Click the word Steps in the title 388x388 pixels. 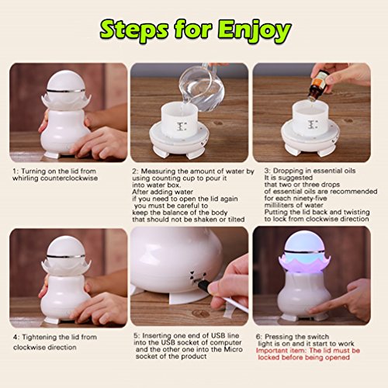(x=134, y=30)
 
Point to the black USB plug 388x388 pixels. (x=203, y=286)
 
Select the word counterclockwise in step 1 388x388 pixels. (x=69, y=178)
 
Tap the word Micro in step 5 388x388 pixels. (x=234, y=349)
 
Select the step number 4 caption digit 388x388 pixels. (x=16, y=338)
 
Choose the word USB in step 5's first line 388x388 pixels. (x=218, y=335)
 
